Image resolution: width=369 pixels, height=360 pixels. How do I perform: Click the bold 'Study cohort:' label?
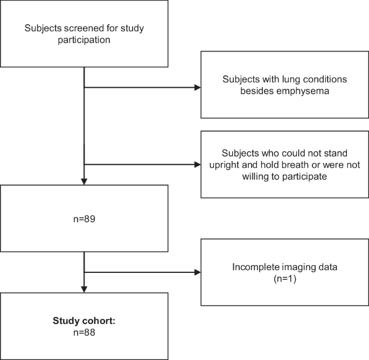(85, 321)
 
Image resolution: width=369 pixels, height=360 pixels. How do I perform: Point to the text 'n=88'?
(85, 333)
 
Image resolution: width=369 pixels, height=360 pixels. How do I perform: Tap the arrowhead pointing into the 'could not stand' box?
(197, 165)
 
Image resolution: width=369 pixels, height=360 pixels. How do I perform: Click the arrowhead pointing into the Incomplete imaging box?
(197, 272)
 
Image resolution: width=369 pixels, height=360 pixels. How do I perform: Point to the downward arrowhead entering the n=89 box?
(85, 182)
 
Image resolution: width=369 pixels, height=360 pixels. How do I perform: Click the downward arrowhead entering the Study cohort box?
(85, 290)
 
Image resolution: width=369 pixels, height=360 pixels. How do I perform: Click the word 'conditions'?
(316, 79)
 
